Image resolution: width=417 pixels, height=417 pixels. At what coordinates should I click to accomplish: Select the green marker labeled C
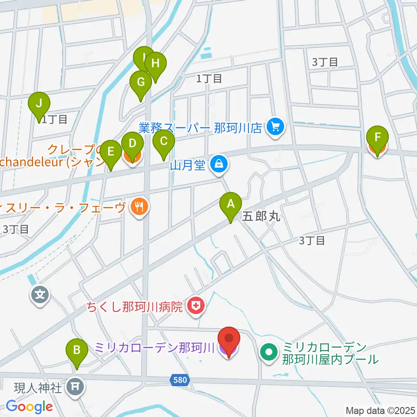(x=164, y=142)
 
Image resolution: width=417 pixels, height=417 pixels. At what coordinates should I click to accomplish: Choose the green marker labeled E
(x=111, y=152)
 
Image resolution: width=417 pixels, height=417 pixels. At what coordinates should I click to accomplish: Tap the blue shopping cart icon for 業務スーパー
(x=275, y=127)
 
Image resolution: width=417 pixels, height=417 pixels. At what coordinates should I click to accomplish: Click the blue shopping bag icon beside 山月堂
(x=216, y=164)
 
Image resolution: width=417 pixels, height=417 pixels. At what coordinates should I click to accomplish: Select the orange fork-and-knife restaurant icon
(x=139, y=207)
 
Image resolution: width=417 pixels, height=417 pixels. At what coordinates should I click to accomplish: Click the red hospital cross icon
(x=196, y=307)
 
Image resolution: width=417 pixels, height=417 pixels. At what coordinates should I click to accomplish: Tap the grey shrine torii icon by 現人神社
(x=76, y=385)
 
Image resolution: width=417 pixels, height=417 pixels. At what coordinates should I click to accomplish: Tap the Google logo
(x=29, y=407)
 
